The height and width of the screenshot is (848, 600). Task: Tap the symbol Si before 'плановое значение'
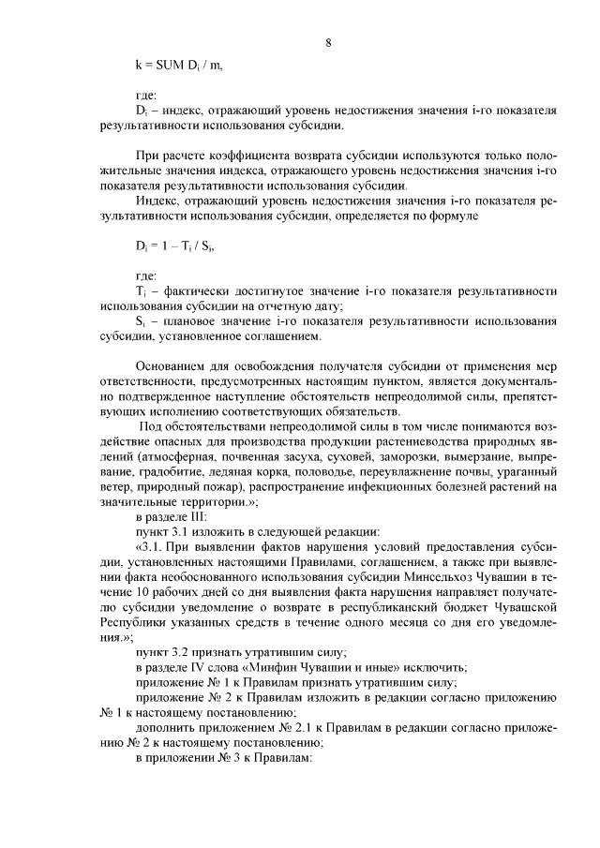point(141,321)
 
